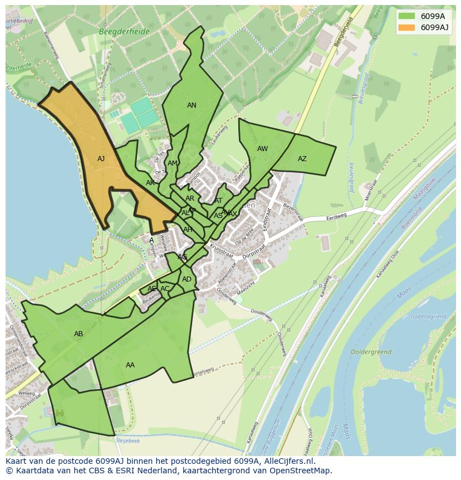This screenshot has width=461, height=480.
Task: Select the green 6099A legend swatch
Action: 407,16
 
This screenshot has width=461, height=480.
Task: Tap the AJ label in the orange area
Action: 101,159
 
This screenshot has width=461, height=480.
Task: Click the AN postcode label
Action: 192,105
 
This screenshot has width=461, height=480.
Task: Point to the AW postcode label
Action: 262,149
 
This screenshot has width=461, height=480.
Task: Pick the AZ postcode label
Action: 302,159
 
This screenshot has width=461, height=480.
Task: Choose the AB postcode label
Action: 79,334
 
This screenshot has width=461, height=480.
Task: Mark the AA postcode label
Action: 130,365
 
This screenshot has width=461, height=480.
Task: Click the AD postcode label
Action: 187,279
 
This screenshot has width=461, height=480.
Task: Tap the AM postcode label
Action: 173,163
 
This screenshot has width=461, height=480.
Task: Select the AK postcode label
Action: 150,183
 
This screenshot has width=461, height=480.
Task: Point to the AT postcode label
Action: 218,201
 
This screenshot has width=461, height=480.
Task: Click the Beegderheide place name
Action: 124,32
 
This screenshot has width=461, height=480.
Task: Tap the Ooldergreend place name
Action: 371,352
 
